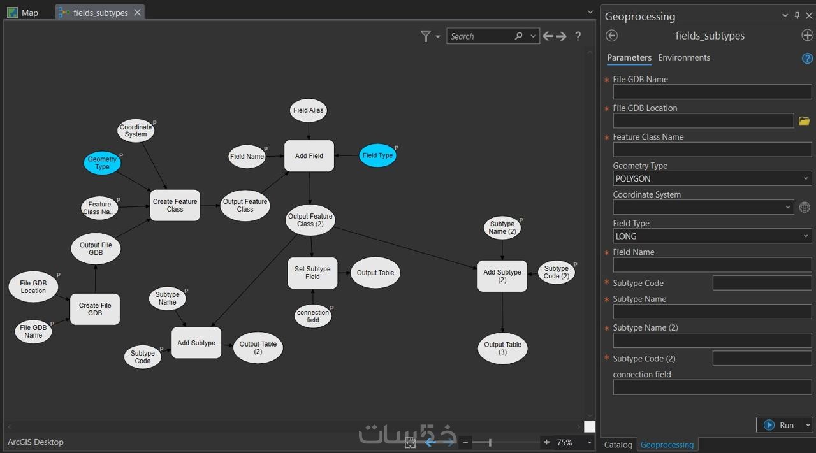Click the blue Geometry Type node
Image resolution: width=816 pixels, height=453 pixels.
(102, 162)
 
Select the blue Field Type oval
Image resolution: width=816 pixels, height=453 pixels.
(377, 155)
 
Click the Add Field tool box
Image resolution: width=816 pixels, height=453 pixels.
(309, 156)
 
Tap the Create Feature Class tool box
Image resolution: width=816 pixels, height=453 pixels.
(175, 205)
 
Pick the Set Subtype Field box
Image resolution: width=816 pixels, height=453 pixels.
(312, 273)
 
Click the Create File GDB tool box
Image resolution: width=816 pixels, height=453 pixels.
(95, 309)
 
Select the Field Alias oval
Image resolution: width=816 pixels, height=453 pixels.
(308, 110)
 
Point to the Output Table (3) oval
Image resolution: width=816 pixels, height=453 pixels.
(502, 349)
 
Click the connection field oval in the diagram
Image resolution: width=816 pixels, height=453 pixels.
(312, 316)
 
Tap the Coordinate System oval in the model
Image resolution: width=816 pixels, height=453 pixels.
(136, 131)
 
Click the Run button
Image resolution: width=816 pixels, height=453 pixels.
(781, 425)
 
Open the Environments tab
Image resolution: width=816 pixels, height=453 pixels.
(684, 57)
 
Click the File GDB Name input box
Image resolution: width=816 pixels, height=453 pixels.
(712, 92)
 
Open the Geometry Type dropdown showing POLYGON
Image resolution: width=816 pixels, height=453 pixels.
(712, 178)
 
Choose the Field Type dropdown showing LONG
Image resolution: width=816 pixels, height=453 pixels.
(712, 236)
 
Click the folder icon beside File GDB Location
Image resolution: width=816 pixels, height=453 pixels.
(804, 121)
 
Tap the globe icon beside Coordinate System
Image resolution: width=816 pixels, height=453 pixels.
(805, 207)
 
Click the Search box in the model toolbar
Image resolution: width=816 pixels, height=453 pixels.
(481, 36)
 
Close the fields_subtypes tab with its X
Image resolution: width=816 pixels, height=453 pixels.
(137, 13)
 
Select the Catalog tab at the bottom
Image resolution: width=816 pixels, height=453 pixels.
(618, 445)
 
